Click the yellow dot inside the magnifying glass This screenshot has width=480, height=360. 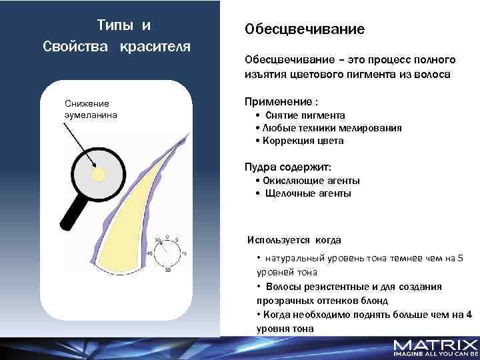click(x=98, y=174)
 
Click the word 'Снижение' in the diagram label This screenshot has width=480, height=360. click(x=87, y=103)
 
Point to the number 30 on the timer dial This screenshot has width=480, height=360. click(x=167, y=270)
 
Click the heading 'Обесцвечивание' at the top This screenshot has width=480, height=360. click(x=305, y=29)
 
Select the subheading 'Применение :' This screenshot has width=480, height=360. click(x=281, y=101)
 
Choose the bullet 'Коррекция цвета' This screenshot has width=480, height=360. click(x=303, y=141)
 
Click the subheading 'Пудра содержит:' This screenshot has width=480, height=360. click(x=287, y=166)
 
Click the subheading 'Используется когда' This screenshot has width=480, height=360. click(x=294, y=239)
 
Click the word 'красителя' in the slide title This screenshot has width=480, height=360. click(x=155, y=47)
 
